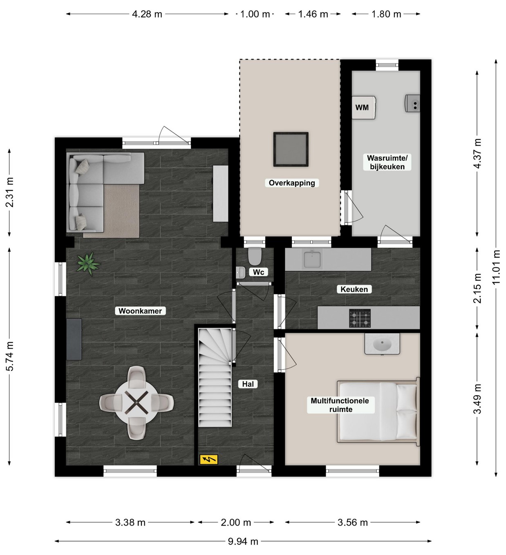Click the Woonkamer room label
click(x=140, y=311)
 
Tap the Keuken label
click(x=354, y=289)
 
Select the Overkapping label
click(x=292, y=183)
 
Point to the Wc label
click(x=258, y=272)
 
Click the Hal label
click(x=248, y=384)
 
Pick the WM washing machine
click(x=364, y=107)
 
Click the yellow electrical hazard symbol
click(x=209, y=459)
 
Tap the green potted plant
click(x=88, y=263)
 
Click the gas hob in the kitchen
click(x=360, y=318)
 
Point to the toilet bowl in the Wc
click(x=255, y=257)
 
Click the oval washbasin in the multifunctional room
click(x=382, y=345)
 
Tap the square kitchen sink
click(x=313, y=259)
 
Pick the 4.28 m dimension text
click(x=147, y=14)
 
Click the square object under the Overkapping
click(x=291, y=150)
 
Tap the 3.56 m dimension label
click(x=353, y=522)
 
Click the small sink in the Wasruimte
click(x=412, y=104)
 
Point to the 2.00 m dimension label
click(x=236, y=522)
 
